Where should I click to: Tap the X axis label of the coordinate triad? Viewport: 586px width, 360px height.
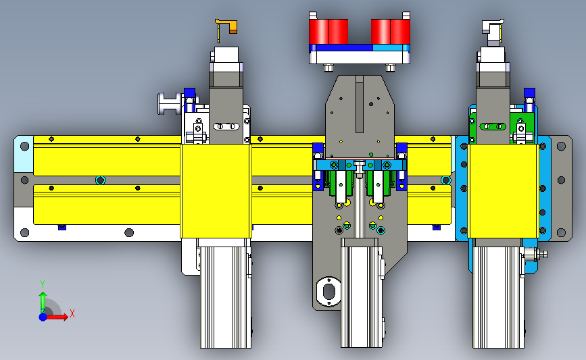coord(72,313)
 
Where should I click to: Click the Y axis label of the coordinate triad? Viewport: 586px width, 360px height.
coord(43,284)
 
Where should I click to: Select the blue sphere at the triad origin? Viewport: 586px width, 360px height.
coord(43,317)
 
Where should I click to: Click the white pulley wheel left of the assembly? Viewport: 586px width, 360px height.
coord(170,103)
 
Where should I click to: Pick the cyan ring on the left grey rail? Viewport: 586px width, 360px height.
coord(100,180)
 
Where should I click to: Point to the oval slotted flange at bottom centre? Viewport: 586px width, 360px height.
coord(328,292)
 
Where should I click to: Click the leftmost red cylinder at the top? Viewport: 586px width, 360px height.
coord(319,31)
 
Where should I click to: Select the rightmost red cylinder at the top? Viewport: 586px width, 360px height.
coord(400,31)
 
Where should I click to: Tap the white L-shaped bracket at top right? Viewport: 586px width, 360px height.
coord(492,28)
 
